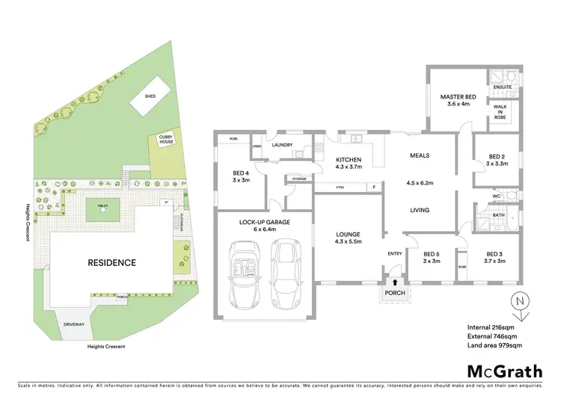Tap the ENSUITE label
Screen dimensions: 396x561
(501, 87)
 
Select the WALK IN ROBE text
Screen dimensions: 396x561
(501, 112)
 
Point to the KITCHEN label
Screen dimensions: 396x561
(349, 160)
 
